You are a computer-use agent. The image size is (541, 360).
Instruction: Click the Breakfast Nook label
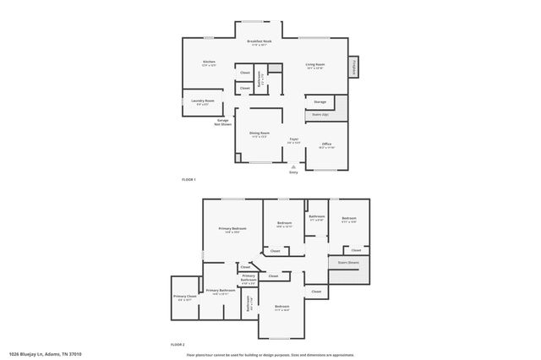point(260,41)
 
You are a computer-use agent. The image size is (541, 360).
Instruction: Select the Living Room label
point(314,65)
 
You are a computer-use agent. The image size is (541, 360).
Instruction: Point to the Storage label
point(320,101)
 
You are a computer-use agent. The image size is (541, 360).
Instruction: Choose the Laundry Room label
point(202,101)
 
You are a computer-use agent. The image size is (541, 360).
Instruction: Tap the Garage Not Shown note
point(223,122)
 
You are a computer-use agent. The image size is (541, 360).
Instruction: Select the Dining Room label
point(260,134)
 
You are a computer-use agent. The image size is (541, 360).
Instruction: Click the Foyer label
point(294,139)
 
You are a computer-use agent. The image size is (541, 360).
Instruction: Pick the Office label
point(326,145)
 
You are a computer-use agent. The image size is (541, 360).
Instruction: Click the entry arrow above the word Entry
point(293,166)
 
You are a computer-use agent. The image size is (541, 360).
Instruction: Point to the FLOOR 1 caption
point(189,180)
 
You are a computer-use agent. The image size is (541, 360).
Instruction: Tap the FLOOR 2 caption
point(178,345)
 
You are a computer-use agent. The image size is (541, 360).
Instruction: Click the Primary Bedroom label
point(232,229)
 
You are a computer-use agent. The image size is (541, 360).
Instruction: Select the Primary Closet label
point(185,297)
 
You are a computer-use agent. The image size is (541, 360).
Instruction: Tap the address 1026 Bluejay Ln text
point(46,354)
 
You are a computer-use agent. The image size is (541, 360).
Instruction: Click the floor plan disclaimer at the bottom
point(270,355)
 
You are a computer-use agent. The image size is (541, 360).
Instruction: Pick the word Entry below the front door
point(293,172)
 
